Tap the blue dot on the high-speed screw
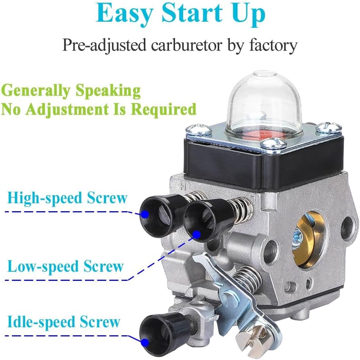coord(145,214)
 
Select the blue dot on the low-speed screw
coord(196,234)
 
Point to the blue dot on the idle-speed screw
coord(145,342)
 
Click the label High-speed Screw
coord(67,198)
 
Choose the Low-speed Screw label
coord(65,266)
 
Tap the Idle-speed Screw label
coord(64,322)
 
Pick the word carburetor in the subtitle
coord(186,45)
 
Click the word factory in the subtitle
coord(273,46)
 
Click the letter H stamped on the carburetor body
coord(183,186)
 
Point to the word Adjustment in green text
coord(68,110)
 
